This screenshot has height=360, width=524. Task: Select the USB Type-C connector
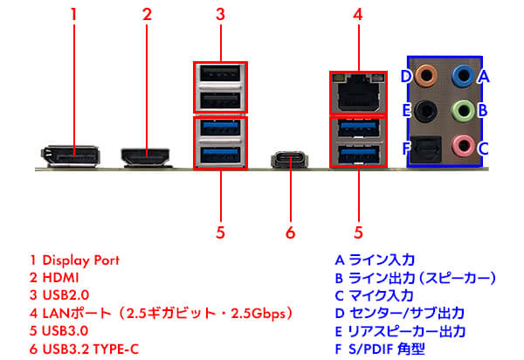291,160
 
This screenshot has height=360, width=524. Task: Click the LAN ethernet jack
357,89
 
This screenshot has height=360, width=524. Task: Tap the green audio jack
460,111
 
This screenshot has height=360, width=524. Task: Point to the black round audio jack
427,111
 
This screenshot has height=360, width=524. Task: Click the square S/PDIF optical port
427,147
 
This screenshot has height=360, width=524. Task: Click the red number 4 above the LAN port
357,15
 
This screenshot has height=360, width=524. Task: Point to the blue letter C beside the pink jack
483,147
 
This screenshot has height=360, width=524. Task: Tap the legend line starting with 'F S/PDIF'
389,350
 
